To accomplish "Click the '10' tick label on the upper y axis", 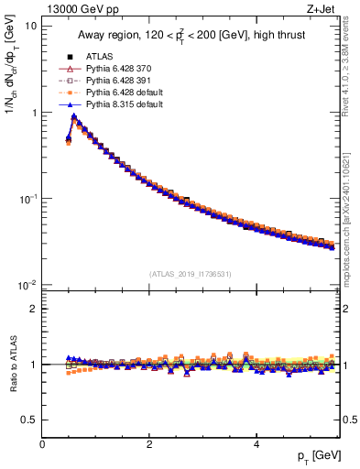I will point(30,26).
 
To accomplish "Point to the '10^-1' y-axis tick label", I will point(27,199).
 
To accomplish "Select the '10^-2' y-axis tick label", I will point(27,286).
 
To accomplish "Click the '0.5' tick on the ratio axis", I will point(28,420).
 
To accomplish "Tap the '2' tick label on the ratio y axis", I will point(33,309).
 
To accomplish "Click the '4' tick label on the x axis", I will point(256,444).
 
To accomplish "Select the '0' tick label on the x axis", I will point(42,444).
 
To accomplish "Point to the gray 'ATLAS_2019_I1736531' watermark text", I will point(191,274).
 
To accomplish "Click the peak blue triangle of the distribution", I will point(73,117).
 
